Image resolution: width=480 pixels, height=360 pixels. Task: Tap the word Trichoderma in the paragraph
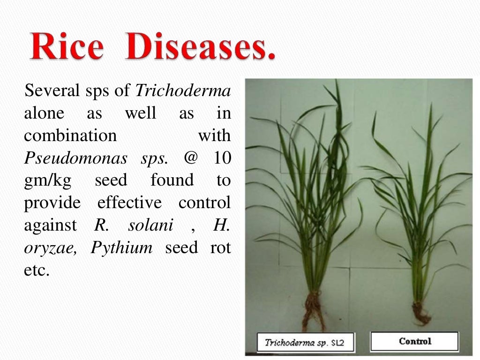183,90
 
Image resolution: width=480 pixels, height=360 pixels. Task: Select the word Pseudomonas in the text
75,158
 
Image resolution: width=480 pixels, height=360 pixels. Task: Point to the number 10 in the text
222,158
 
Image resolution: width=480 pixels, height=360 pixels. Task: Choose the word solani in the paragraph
150,225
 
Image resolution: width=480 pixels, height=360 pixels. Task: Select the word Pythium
122,247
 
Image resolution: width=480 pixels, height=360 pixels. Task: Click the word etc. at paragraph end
36,270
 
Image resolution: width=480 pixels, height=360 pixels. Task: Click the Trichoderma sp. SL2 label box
305,342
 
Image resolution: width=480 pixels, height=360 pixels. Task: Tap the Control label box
414,341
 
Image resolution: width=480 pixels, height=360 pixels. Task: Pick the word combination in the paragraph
70,135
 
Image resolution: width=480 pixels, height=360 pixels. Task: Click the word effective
129,203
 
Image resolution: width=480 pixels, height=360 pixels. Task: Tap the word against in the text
50,225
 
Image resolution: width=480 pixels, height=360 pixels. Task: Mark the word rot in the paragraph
220,248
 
